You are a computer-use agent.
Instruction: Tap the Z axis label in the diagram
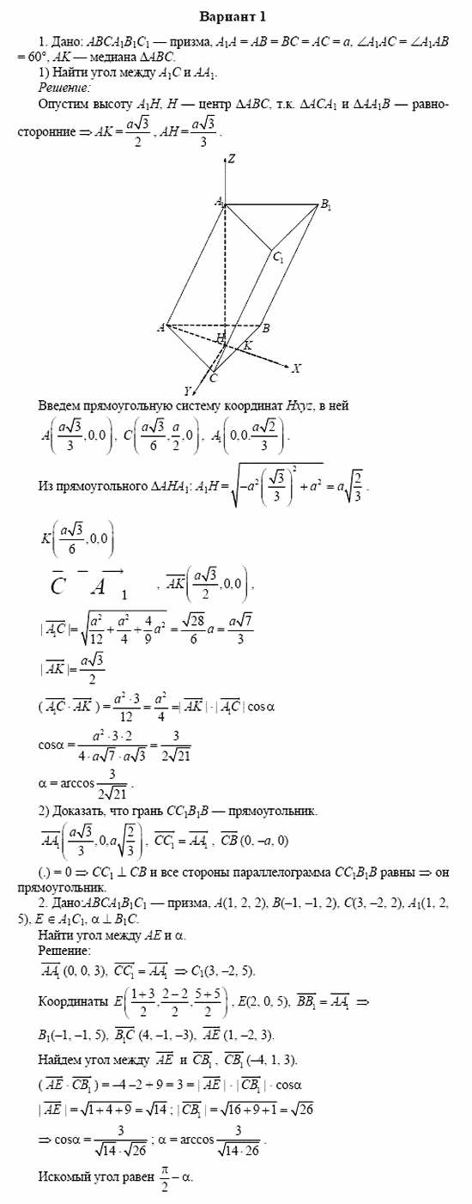click(x=232, y=160)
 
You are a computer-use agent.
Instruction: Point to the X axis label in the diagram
click(x=296, y=368)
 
